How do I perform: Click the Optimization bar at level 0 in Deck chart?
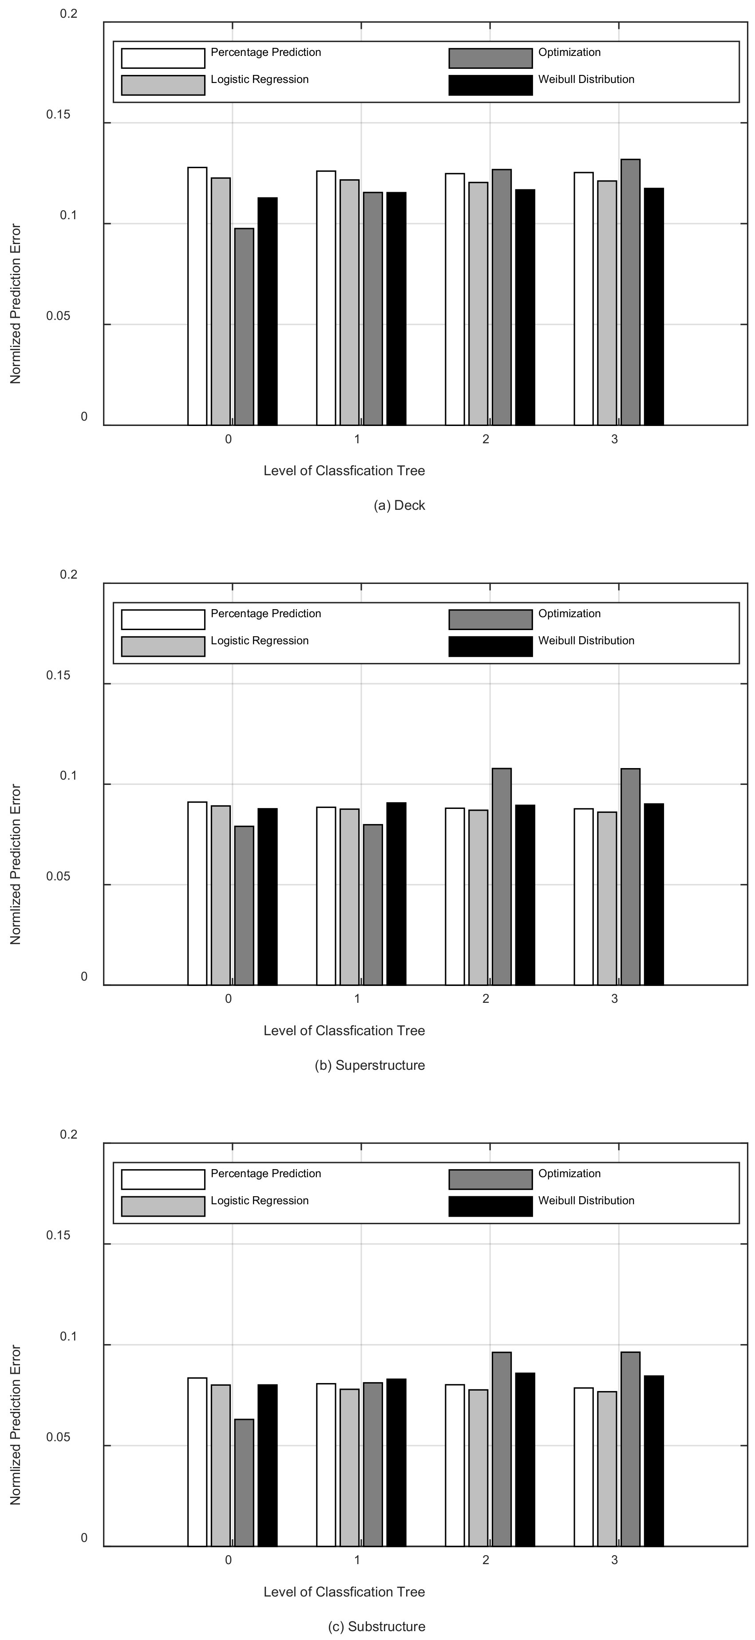tap(244, 327)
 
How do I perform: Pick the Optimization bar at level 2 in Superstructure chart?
tap(502, 877)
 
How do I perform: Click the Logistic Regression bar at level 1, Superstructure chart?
tap(349, 897)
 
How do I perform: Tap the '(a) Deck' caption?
tap(399, 505)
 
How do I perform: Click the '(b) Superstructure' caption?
tap(370, 1065)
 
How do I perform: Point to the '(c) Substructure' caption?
tap(376, 1627)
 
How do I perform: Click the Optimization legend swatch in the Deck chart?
tap(490, 58)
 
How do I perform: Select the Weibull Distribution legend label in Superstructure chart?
tap(586, 640)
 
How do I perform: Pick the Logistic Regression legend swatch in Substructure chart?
tap(163, 1206)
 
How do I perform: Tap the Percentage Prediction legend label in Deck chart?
tap(266, 52)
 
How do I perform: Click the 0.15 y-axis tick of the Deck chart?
tap(58, 114)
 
